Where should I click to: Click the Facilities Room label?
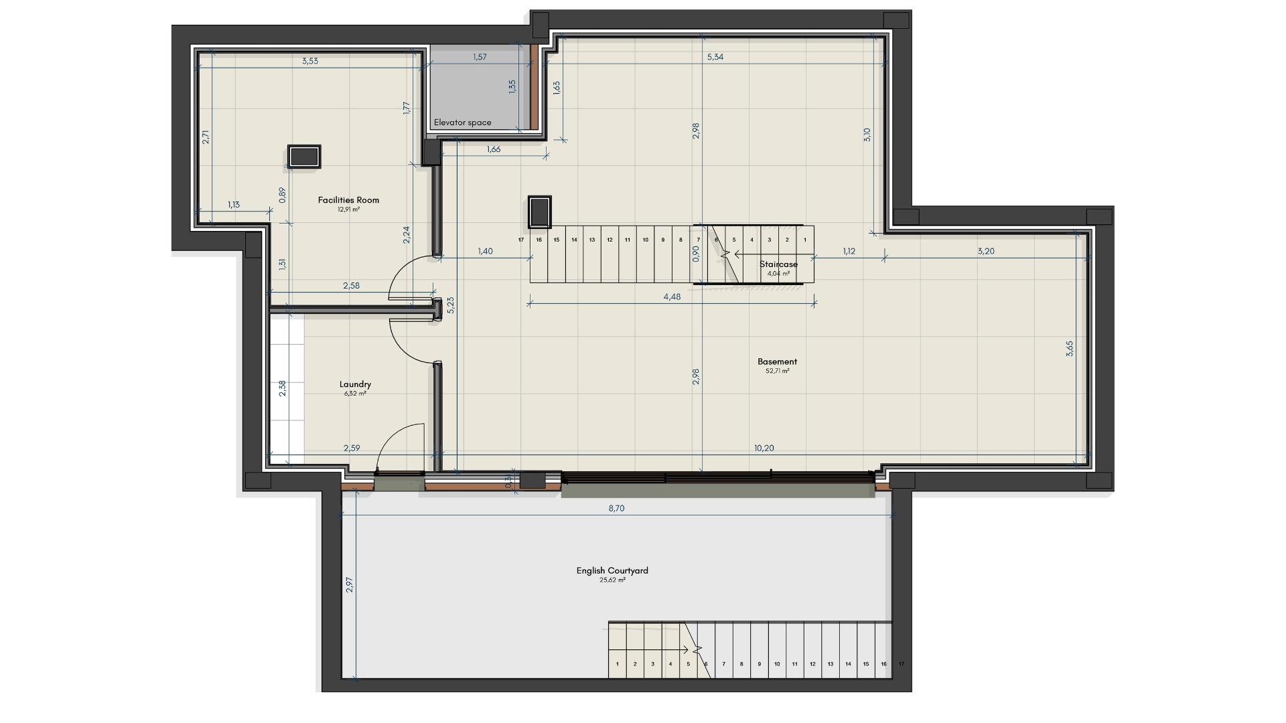coord(348,199)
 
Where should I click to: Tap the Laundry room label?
coord(355,384)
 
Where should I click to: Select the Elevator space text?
coord(462,123)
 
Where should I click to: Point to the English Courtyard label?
coord(612,571)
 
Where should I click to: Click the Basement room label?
coord(777,362)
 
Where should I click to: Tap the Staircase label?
coord(778,264)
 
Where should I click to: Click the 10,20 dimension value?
coord(764,448)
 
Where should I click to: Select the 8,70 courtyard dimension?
coord(616,508)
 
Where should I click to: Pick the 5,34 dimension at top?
coord(715,57)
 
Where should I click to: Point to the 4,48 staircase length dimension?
coord(672,297)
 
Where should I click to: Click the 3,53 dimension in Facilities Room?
coord(310,61)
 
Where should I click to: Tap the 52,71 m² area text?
coord(777,371)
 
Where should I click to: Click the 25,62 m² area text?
coord(612,580)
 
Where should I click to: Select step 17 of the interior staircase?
coord(521,239)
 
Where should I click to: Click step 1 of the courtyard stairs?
coord(617,664)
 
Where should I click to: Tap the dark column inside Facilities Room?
coord(304,156)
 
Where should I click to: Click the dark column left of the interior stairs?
coord(539,212)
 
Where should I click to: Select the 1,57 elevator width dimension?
coord(480,57)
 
